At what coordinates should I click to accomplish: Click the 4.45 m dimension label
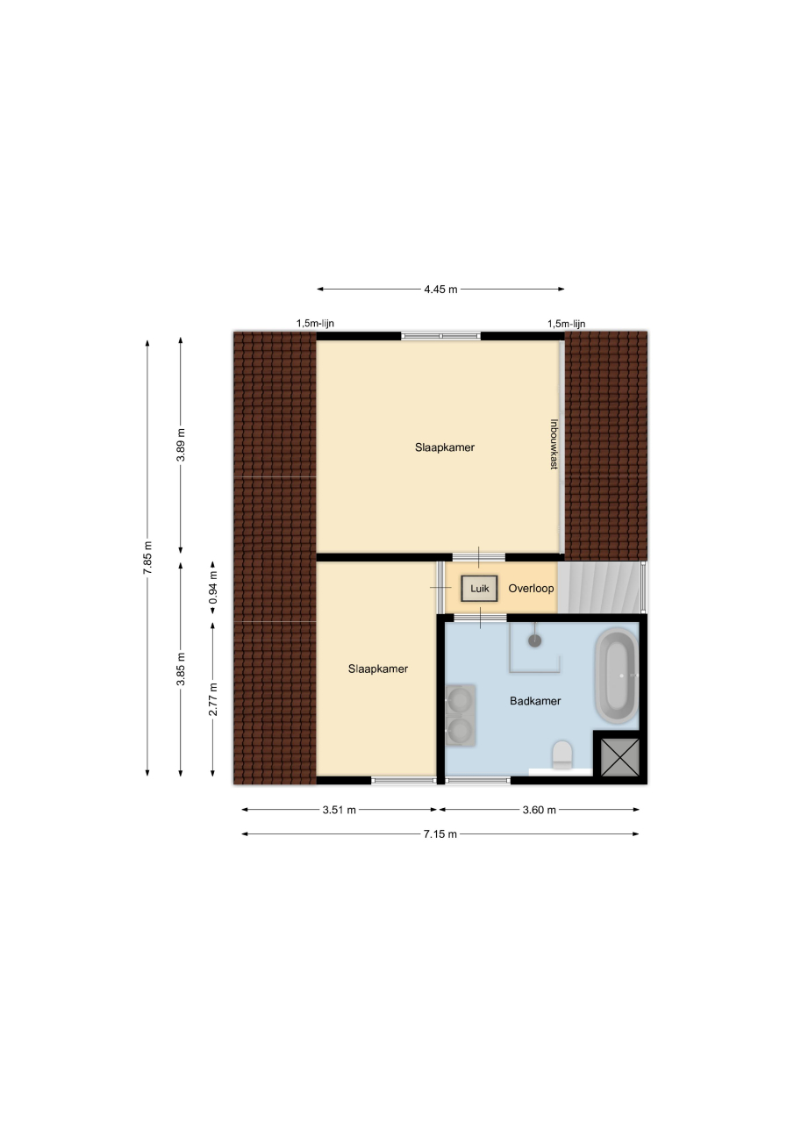[440, 290]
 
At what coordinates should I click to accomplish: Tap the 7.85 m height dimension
[147, 558]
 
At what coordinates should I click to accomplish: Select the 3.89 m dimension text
[181, 445]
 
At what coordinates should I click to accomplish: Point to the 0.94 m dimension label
[213, 587]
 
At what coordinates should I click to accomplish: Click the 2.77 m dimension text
[213, 699]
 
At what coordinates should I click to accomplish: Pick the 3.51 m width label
[339, 810]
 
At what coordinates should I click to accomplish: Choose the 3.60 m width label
[539, 810]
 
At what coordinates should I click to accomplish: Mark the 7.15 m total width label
[440, 833]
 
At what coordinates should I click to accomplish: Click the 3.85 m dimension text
[181, 669]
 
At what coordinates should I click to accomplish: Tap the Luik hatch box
[479, 588]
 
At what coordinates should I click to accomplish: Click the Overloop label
[531, 588]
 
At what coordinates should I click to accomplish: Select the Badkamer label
[535, 701]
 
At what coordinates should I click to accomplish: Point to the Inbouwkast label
[554, 444]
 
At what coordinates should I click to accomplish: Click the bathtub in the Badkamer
[617, 676]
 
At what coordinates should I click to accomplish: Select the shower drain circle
[535, 640]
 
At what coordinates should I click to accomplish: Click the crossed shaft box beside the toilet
[619, 757]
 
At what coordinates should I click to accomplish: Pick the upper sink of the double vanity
[460, 699]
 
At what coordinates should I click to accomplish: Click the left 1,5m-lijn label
[315, 324]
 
